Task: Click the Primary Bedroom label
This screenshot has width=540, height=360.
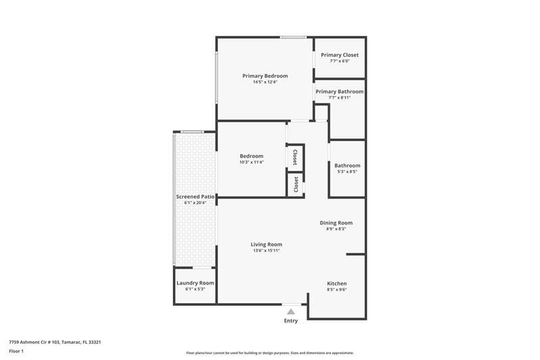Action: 265,76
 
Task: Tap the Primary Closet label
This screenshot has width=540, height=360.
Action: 340,55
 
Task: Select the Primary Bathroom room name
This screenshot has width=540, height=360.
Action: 340,91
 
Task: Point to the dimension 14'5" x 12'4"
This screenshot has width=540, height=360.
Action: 265,82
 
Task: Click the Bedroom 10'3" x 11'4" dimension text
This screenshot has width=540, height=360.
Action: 251,162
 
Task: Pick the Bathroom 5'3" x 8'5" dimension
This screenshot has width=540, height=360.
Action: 347,172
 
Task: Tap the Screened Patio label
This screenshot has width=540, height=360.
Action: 195,197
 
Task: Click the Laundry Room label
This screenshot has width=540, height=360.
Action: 195,282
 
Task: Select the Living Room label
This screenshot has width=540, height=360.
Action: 266,244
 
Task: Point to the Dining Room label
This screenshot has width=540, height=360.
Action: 335,222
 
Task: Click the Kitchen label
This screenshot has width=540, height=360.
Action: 337,283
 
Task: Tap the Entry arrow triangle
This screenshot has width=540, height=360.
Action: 291,311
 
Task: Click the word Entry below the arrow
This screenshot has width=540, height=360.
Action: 291,321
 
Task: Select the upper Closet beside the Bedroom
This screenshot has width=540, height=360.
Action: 295,157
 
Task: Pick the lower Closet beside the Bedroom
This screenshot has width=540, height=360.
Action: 295,184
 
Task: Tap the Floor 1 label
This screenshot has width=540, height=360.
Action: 16,351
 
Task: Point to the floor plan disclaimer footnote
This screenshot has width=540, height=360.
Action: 270,353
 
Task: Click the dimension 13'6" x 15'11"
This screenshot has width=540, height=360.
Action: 266,251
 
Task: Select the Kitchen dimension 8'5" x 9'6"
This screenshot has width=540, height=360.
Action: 337,290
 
